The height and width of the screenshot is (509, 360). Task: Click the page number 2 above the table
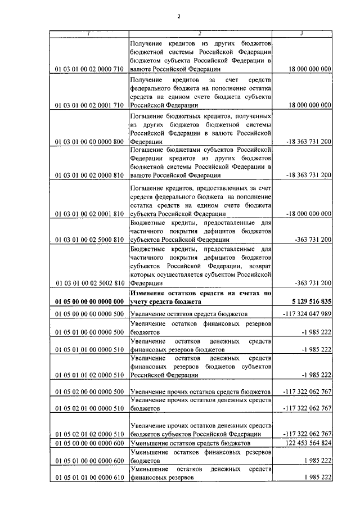[178, 16]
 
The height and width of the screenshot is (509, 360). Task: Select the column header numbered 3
[302, 33]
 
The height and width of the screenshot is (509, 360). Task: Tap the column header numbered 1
[88, 33]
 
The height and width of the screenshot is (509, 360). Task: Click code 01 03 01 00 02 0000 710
[89, 69]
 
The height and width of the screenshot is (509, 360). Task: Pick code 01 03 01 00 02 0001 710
[89, 105]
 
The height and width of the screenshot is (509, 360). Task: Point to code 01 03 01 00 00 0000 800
[89, 142]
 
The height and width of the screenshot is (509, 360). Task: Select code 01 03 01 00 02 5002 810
[89, 283]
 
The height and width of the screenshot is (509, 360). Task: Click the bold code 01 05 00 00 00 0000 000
[89, 301]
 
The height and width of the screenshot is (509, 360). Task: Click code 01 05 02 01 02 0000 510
[89, 434]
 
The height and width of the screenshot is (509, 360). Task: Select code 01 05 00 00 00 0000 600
[89, 444]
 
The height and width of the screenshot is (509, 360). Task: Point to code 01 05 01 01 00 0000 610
[89, 478]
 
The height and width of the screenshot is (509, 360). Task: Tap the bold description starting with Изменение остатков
[200, 297]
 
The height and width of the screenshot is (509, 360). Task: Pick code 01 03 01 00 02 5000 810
[89, 239]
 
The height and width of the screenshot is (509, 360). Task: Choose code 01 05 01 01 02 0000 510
[89, 373]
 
